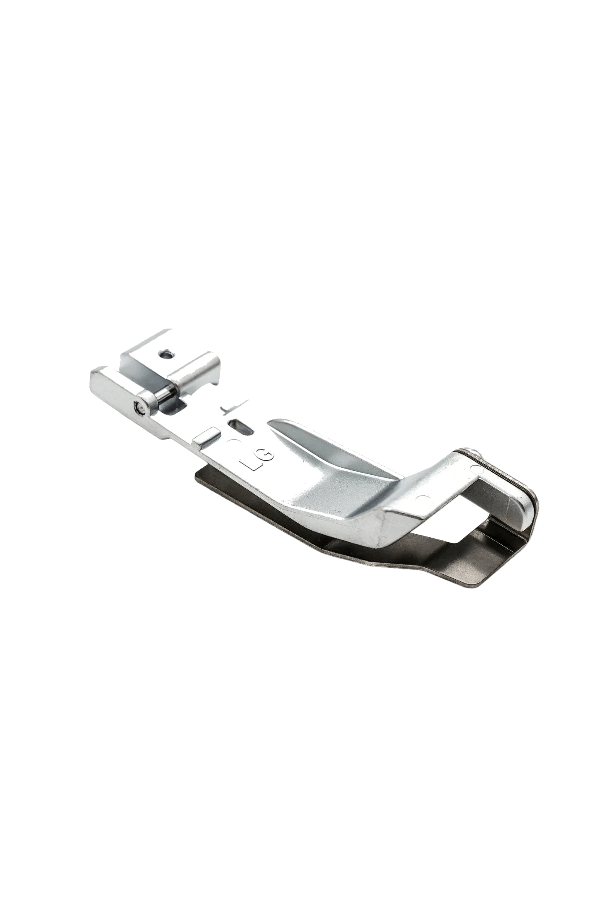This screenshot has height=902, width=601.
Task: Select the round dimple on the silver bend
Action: [424, 499]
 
